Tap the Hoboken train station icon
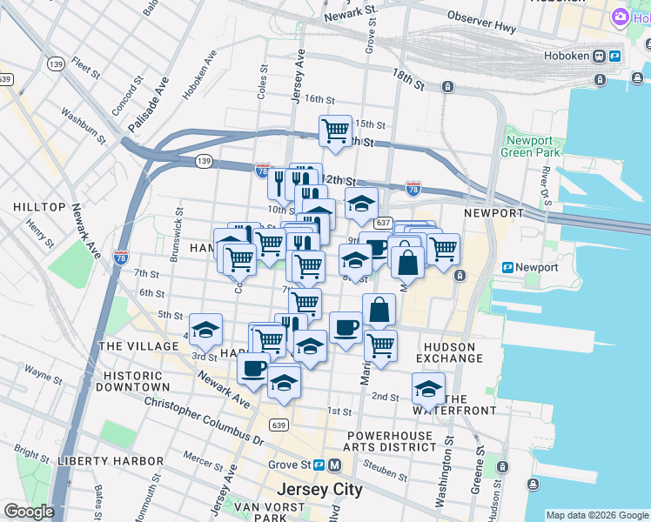tap(600, 57)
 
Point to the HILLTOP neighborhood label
tap(39, 207)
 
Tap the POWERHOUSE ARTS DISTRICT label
tap(391, 440)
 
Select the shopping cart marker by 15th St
tap(335, 131)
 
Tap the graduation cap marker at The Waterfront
tap(428, 388)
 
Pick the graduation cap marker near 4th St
tap(205, 330)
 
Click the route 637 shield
tap(384, 223)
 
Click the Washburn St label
tap(84, 125)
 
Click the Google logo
tap(29, 512)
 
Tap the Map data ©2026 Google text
tap(596, 515)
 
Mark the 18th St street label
tap(407, 80)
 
